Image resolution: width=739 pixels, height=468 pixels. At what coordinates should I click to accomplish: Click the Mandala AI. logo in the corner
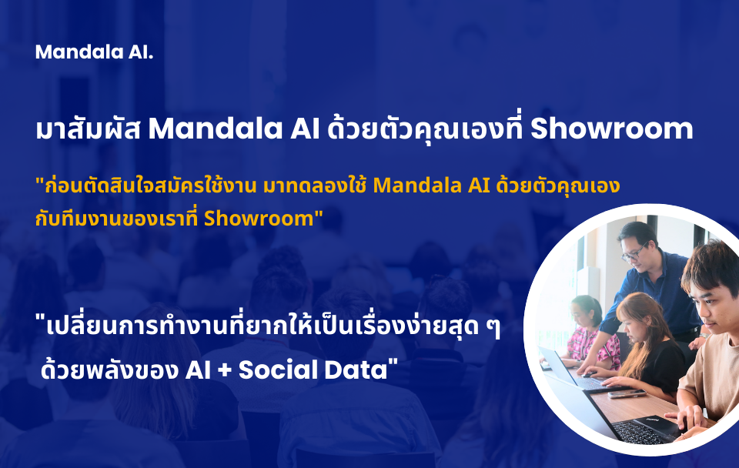(x=94, y=52)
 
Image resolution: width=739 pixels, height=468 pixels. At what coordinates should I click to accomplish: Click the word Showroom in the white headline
(x=612, y=129)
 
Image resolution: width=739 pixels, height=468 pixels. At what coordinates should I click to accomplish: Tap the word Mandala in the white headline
(x=216, y=129)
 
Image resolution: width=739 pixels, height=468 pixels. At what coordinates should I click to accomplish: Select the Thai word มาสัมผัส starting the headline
(x=88, y=129)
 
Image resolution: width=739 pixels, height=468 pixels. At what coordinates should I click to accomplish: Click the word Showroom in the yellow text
(x=259, y=218)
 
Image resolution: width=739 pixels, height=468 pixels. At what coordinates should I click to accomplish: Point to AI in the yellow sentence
(x=480, y=186)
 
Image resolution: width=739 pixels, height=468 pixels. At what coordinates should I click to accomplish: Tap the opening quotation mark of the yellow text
(x=39, y=181)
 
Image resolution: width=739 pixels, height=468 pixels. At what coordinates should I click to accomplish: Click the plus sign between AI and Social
(x=225, y=370)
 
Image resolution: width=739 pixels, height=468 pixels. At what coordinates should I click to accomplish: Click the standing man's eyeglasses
(x=633, y=252)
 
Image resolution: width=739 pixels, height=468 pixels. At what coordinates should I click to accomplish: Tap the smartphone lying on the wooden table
(x=627, y=394)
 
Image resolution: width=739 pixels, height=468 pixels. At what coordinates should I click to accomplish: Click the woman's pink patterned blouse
(x=590, y=346)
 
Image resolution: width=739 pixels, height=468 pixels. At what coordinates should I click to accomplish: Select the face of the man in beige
(x=714, y=306)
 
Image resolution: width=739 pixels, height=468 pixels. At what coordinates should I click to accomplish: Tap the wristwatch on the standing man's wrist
(x=704, y=335)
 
